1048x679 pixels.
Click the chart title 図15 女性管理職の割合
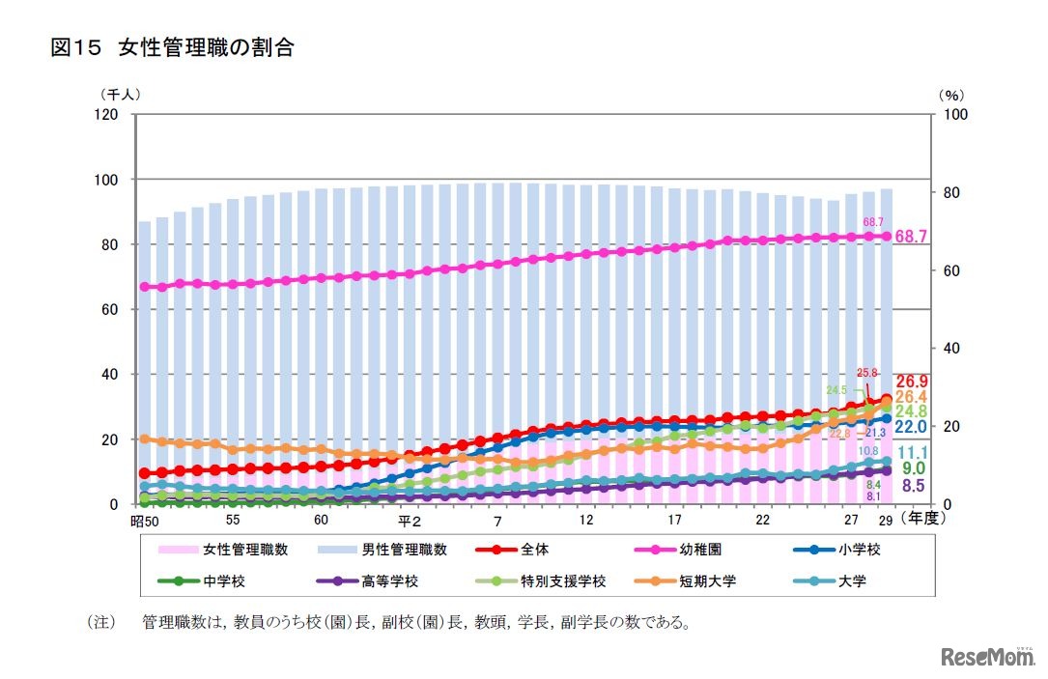172,47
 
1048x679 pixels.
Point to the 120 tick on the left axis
104,115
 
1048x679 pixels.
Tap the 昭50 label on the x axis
143,523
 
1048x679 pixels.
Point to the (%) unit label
950,95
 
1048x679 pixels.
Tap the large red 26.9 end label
913,381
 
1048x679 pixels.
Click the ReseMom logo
987,657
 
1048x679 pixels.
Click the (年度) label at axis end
926,519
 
